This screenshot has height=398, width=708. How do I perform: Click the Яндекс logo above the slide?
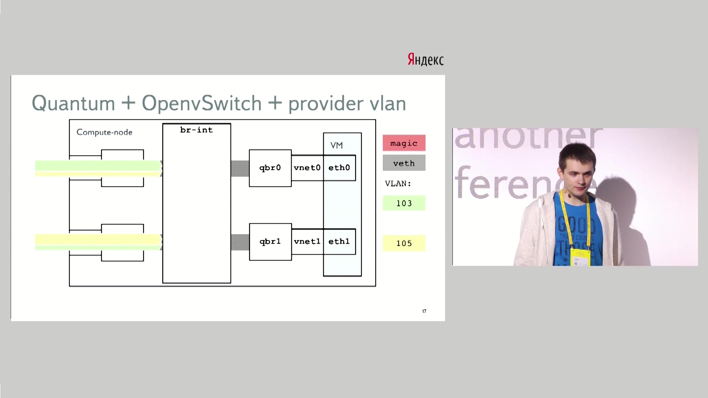click(x=426, y=59)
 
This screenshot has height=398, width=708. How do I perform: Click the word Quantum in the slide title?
click(x=73, y=103)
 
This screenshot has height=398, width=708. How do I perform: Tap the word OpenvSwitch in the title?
click(x=201, y=103)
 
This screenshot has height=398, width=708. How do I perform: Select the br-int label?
click(x=196, y=130)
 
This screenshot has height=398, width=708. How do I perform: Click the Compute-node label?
click(x=104, y=132)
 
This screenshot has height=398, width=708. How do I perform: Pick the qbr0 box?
click(x=270, y=168)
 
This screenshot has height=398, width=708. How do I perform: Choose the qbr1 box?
click(x=270, y=242)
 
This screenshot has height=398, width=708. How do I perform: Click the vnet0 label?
click(x=307, y=168)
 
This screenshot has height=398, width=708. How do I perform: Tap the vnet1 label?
click(x=307, y=242)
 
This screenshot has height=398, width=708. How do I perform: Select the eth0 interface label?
click(x=339, y=168)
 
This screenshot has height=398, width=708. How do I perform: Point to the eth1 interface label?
click(x=339, y=242)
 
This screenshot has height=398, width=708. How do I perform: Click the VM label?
click(x=336, y=146)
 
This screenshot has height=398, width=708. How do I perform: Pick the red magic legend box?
click(x=404, y=143)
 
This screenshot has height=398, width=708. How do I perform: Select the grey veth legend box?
click(x=404, y=163)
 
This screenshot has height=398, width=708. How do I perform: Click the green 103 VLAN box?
click(x=404, y=203)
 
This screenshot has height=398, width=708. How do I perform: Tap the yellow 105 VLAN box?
click(x=404, y=243)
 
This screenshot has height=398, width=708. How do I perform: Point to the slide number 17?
click(x=424, y=311)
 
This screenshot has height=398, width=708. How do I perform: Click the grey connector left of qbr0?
click(x=240, y=168)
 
